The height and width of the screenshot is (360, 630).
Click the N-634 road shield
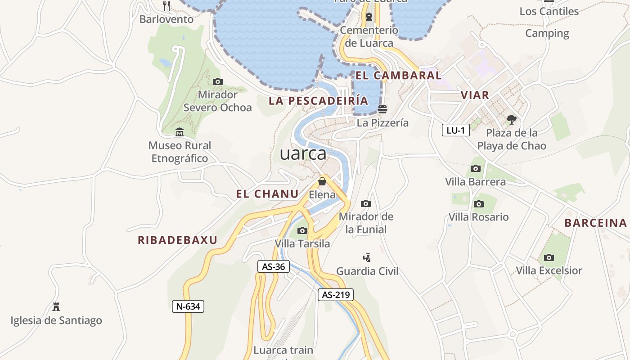point(188,306)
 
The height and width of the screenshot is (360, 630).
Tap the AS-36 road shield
point(273,266)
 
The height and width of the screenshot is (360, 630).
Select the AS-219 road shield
point(336,295)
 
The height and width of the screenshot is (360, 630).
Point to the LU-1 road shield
point(455,130)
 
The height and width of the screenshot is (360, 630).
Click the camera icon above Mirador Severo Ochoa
point(217,81)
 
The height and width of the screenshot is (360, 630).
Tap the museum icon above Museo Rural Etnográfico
point(180,132)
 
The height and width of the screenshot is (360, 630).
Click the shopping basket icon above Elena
point(322,181)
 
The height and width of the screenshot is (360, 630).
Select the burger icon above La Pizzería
point(382,109)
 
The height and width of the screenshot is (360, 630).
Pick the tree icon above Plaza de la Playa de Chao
point(511,120)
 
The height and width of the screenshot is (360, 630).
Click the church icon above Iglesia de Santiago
point(56,307)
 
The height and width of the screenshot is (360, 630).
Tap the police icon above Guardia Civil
point(367,258)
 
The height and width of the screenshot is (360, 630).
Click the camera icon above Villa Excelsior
point(549,257)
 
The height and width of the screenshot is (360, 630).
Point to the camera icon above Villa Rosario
point(478,204)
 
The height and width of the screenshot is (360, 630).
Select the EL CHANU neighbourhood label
point(267,194)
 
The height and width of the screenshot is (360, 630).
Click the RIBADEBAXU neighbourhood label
point(177,240)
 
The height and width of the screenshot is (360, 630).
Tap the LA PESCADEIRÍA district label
point(318,100)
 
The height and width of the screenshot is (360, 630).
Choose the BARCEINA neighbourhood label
point(595,223)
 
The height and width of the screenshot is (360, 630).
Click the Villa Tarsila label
point(302,243)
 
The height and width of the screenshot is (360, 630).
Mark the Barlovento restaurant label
point(166,19)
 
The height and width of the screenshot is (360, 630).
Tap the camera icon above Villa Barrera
point(475,169)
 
